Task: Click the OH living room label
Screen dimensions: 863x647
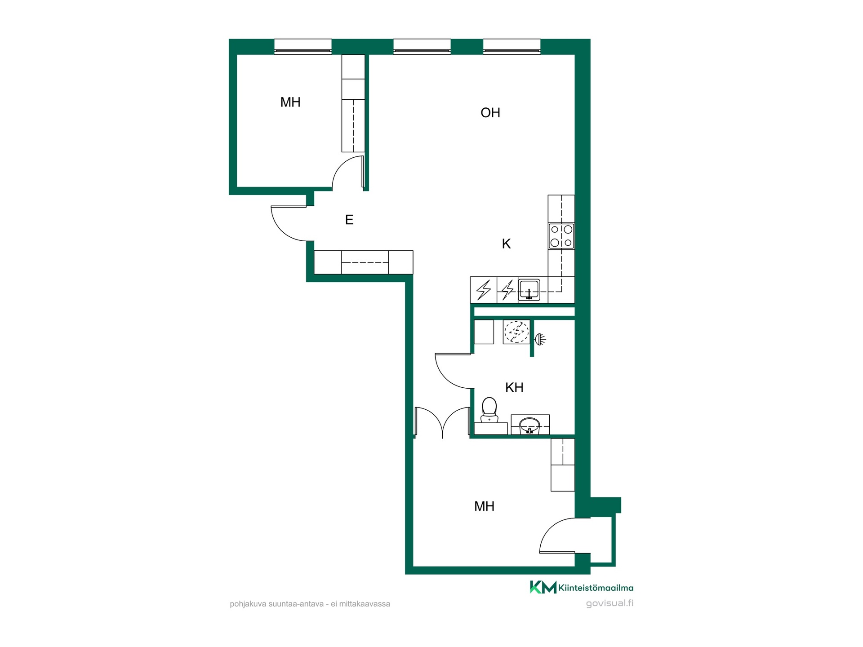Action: point(490,112)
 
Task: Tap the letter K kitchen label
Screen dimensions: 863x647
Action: point(506,244)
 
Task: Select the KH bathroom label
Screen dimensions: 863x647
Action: point(514,387)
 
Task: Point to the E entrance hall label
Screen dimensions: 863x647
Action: point(349,220)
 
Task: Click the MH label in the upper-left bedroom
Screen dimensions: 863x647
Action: point(290,102)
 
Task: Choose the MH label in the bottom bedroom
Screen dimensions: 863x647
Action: point(484,506)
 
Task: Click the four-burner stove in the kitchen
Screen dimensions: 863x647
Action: point(561,236)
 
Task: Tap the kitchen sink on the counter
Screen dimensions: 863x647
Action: point(529,290)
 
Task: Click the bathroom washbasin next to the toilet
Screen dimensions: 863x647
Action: point(530,425)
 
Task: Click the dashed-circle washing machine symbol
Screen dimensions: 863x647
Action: point(516,332)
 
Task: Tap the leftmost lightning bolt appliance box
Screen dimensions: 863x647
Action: point(484,290)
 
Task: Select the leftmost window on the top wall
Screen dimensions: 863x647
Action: point(303,47)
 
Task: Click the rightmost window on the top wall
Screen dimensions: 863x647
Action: point(512,47)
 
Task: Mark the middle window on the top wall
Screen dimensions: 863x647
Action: point(422,47)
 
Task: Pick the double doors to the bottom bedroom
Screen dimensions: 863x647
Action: point(443,422)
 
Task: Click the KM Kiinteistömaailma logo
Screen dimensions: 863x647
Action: point(582,587)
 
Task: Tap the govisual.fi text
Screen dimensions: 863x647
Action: point(609,603)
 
